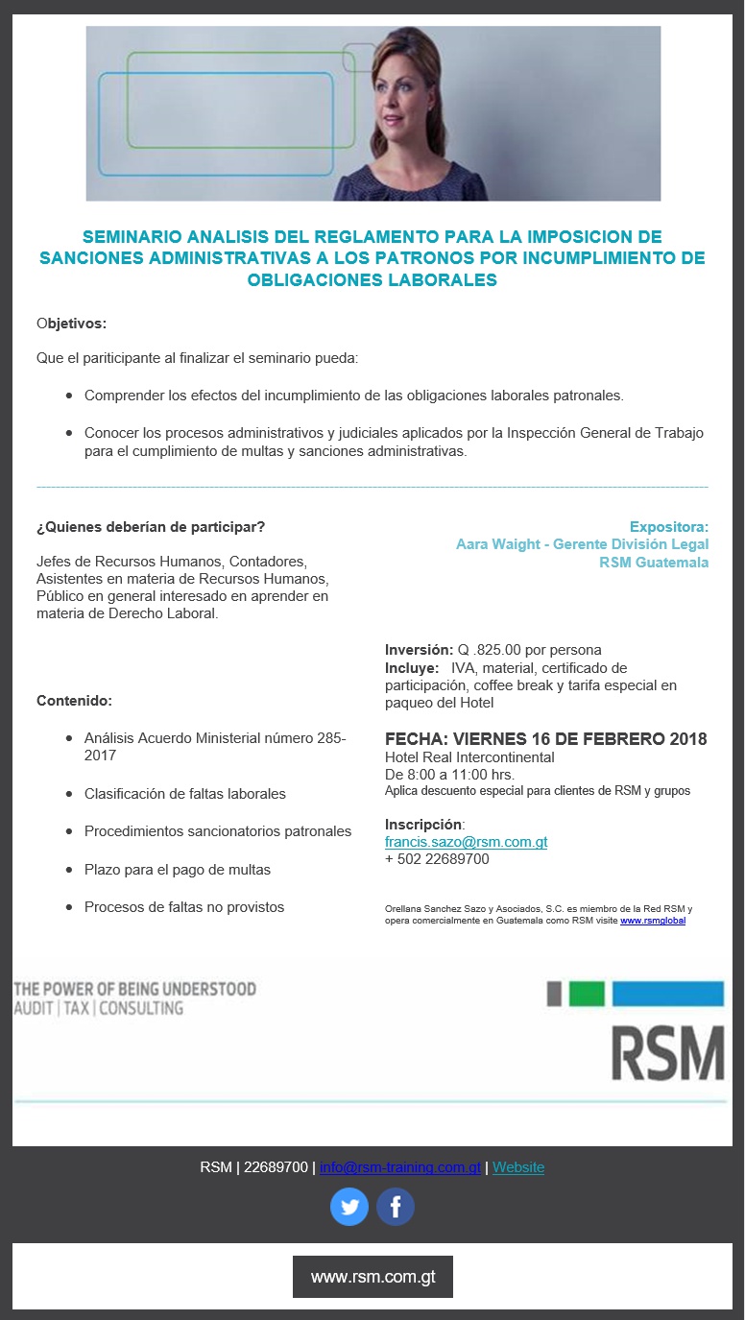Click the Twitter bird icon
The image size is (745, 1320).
(x=349, y=1207)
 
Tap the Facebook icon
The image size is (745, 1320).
(x=395, y=1207)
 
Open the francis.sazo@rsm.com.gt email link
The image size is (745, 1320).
(x=466, y=842)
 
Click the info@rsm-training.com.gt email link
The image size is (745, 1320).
(x=399, y=1167)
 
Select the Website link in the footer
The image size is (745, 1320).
(x=518, y=1167)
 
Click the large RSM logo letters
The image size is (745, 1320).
(x=667, y=1054)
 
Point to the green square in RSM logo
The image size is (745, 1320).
(x=587, y=994)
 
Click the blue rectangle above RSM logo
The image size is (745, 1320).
(x=667, y=994)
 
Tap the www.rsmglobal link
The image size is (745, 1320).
(x=653, y=921)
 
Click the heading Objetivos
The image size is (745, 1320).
(x=71, y=323)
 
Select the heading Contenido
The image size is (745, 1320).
(x=74, y=700)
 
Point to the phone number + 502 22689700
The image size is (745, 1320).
(x=437, y=859)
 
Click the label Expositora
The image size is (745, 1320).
(x=668, y=526)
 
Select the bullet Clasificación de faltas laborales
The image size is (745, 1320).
(x=185, y=794)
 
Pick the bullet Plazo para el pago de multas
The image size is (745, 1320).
(x=178, y=869)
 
